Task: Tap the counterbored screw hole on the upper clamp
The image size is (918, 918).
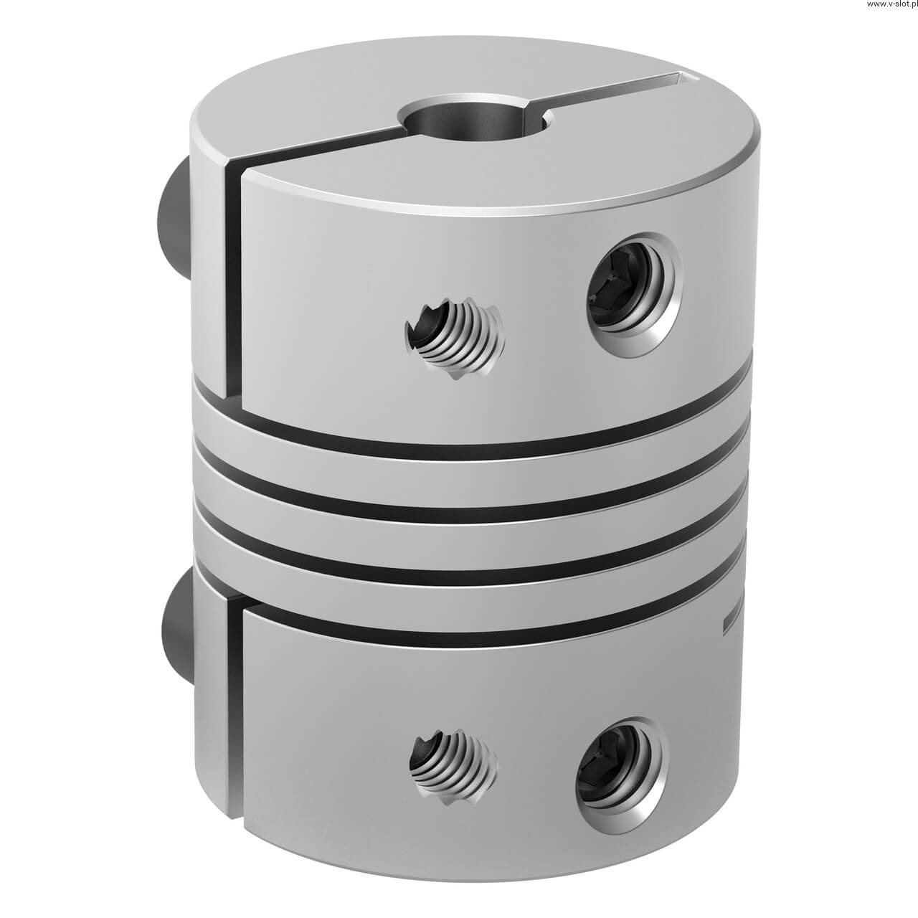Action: pos(634,294)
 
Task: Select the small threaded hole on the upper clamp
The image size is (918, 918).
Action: pos(455,337)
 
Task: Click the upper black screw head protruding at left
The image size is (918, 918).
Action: pos(177,223)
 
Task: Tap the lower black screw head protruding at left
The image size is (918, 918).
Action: pos(177,628)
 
